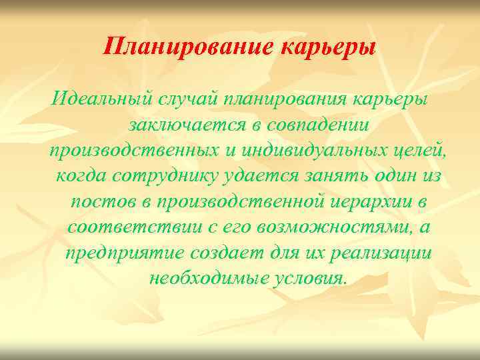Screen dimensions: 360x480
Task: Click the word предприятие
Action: point(126,253)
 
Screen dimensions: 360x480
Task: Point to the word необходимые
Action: point(208,278)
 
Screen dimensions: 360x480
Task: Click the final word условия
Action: point(310,278)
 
